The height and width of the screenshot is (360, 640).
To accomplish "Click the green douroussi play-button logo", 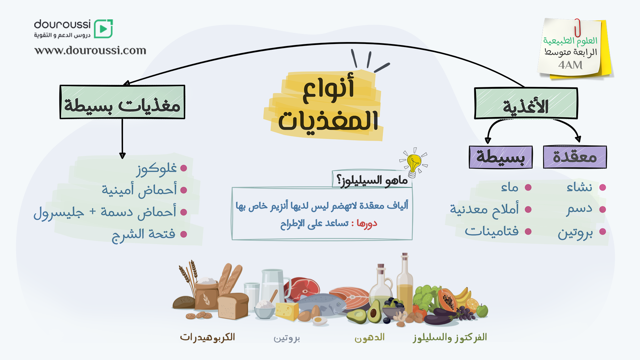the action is (103, 29).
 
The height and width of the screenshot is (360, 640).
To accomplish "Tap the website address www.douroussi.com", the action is (90, 50).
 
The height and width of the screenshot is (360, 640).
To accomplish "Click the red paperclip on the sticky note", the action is (577, 27).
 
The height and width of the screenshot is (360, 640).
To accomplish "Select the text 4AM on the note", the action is (570, 65).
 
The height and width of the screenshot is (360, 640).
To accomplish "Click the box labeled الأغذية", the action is (526, 103).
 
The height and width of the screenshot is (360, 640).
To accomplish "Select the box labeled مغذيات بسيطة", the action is (122, 102).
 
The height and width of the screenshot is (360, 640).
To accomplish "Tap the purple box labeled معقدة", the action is (575, 157).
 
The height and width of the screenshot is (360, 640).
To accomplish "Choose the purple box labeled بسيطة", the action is (501, 157).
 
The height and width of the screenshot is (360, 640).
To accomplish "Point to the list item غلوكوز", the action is (156, 169).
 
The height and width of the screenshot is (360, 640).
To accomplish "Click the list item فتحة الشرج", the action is (143, 234).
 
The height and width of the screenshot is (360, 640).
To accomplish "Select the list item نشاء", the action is (579, 187).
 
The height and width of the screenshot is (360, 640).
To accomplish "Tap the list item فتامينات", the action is (492, 231).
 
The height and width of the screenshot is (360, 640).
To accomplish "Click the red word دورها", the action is (367, 223).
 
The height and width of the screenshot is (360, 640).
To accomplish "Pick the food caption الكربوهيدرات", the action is (207, 337).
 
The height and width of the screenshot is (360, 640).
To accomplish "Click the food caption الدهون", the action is (369, 338).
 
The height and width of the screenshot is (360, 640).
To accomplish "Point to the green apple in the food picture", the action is (482, 310).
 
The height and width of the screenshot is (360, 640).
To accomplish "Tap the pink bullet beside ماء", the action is (528, 187).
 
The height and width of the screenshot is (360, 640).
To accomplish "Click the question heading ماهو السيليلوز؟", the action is (372, 180).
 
